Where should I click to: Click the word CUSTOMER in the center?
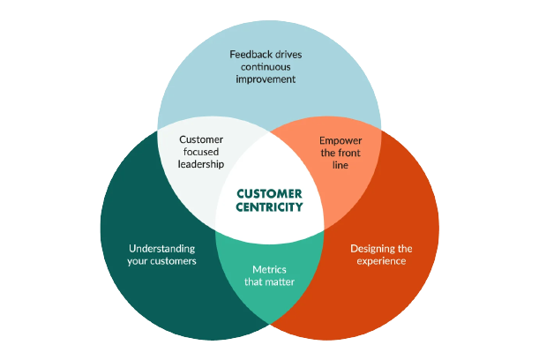[x=270, y=193]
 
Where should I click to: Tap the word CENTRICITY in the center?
[x=270, y=208]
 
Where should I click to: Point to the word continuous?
[x=263, y=66]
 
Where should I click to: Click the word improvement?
[x=265, y=79]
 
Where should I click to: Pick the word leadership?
[x=201, y=164]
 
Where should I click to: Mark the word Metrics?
[x=270, y=269]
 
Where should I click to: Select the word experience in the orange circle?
[x=381, y=261]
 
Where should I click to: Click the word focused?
[x=201, y=152]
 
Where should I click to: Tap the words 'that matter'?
[x=270, y=282]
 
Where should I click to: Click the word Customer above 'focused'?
[x=201, y=139]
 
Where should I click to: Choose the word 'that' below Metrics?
[x=255, y=282]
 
